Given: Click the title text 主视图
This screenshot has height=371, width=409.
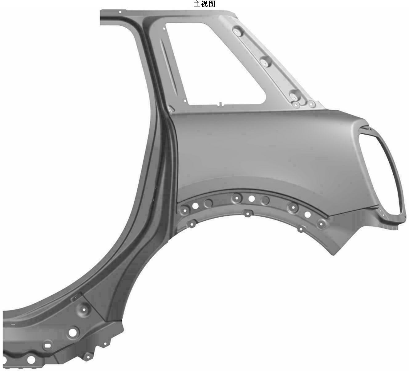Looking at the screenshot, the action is [x=204, y=4].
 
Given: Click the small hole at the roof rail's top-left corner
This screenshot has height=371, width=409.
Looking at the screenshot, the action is [x=120, y=12].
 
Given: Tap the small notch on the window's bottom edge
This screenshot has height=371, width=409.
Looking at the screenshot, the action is [x=220, y=104].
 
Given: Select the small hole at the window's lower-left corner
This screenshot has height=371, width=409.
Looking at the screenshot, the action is [x=185, y=101].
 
